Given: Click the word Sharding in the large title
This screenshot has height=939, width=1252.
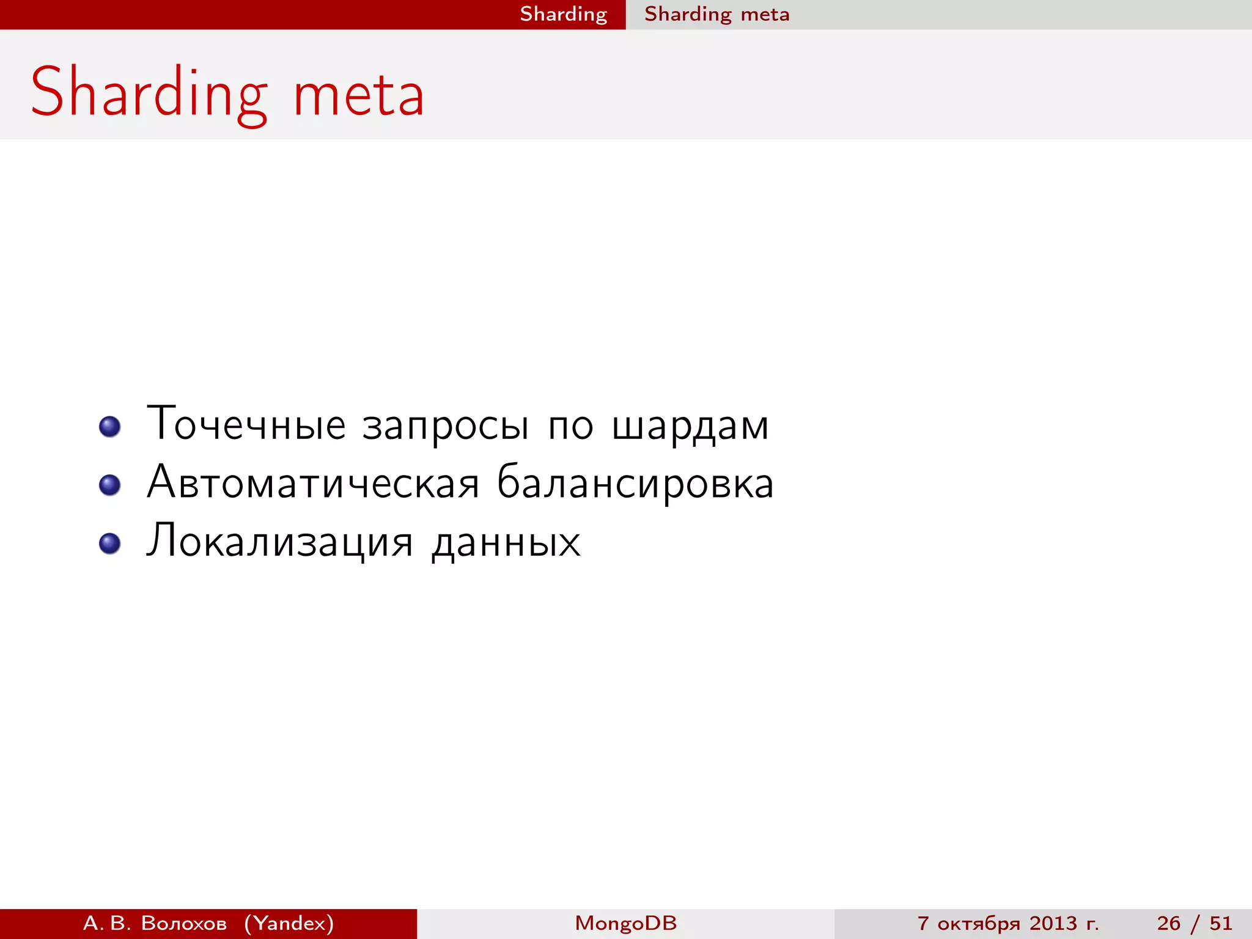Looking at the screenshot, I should [149, 93].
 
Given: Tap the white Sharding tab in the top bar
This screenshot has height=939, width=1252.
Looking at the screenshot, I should [563, 14].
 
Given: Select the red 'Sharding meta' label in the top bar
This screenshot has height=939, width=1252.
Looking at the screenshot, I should [716, 14].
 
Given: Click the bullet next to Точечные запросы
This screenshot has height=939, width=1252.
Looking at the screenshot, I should [109, 426].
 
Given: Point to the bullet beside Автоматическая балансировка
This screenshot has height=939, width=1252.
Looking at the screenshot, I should [109, 485].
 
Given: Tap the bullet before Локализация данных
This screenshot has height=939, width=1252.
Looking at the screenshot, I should [109, 543].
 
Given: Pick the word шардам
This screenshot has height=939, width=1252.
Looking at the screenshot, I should [690, 427].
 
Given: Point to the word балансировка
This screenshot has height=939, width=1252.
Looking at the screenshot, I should [635, 484].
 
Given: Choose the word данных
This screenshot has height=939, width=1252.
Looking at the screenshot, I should [506, 543].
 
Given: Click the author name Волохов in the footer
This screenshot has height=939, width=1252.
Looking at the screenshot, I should [183, 923].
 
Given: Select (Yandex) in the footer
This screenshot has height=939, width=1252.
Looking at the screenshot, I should [289, 923].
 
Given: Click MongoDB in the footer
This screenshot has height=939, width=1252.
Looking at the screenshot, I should [625, 923].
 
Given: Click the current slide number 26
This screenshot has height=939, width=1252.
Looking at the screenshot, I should [1168, 923].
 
